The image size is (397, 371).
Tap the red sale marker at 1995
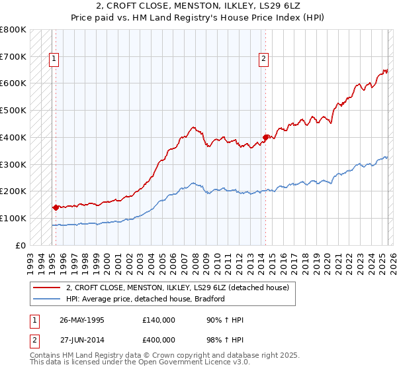point(56,207)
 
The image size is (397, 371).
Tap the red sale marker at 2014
point(265,137)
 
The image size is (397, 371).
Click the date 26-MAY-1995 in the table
point(82,320)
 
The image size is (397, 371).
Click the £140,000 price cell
point(159,320)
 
